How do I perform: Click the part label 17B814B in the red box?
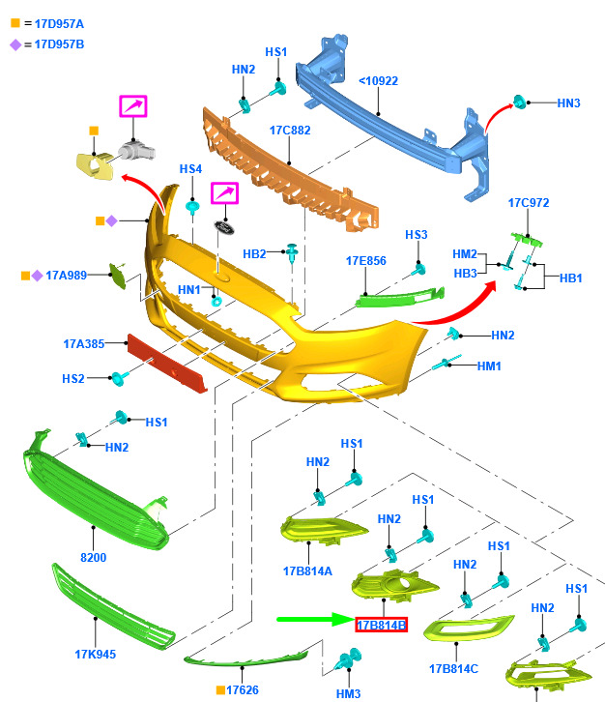coord(381,625)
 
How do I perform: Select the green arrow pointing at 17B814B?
coord(316,619)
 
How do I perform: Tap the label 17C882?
coord(290,131)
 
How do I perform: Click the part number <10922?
coord(378,81)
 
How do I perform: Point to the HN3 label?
coord(568,103)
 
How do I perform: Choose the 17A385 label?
coord(84,344)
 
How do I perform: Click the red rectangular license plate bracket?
coord(167,363)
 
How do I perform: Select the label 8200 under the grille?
coord(94,557)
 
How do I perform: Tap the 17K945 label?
coord(96,654)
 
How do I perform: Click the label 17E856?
coord(366,261)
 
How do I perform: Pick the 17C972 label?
coord(529,203)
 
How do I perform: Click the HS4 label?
coord(190,169)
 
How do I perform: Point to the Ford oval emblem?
coord(224,227)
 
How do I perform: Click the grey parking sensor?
coord(136,151)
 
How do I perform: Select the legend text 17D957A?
coord(59,24)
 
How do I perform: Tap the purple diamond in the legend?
coord(15,44)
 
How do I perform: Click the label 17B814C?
coord(454,669)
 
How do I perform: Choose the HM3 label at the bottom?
coord(348,694)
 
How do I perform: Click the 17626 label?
coord(242,689)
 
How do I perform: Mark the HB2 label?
coord(254,254)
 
